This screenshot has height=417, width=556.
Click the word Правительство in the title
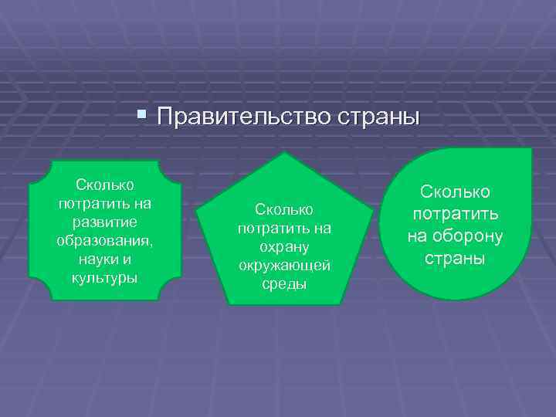click(243, 117)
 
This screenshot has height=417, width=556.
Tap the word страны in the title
click(378, 117)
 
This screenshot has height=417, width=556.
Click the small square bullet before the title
click(140, 116)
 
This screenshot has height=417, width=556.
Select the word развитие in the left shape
click(103, 222)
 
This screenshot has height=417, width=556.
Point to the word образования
click(104, 241)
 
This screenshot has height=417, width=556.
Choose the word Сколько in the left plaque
click(104, 185)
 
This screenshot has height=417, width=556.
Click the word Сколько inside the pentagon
click(284, 210)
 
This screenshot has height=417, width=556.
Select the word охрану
click(284, 247)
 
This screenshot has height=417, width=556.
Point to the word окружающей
click(284, 266)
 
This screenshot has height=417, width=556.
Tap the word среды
click(284, 284)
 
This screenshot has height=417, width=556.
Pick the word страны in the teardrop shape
click(455, 258)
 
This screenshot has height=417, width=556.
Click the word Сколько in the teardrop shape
click(455, 192)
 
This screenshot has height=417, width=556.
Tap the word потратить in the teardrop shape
click(455, 214)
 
